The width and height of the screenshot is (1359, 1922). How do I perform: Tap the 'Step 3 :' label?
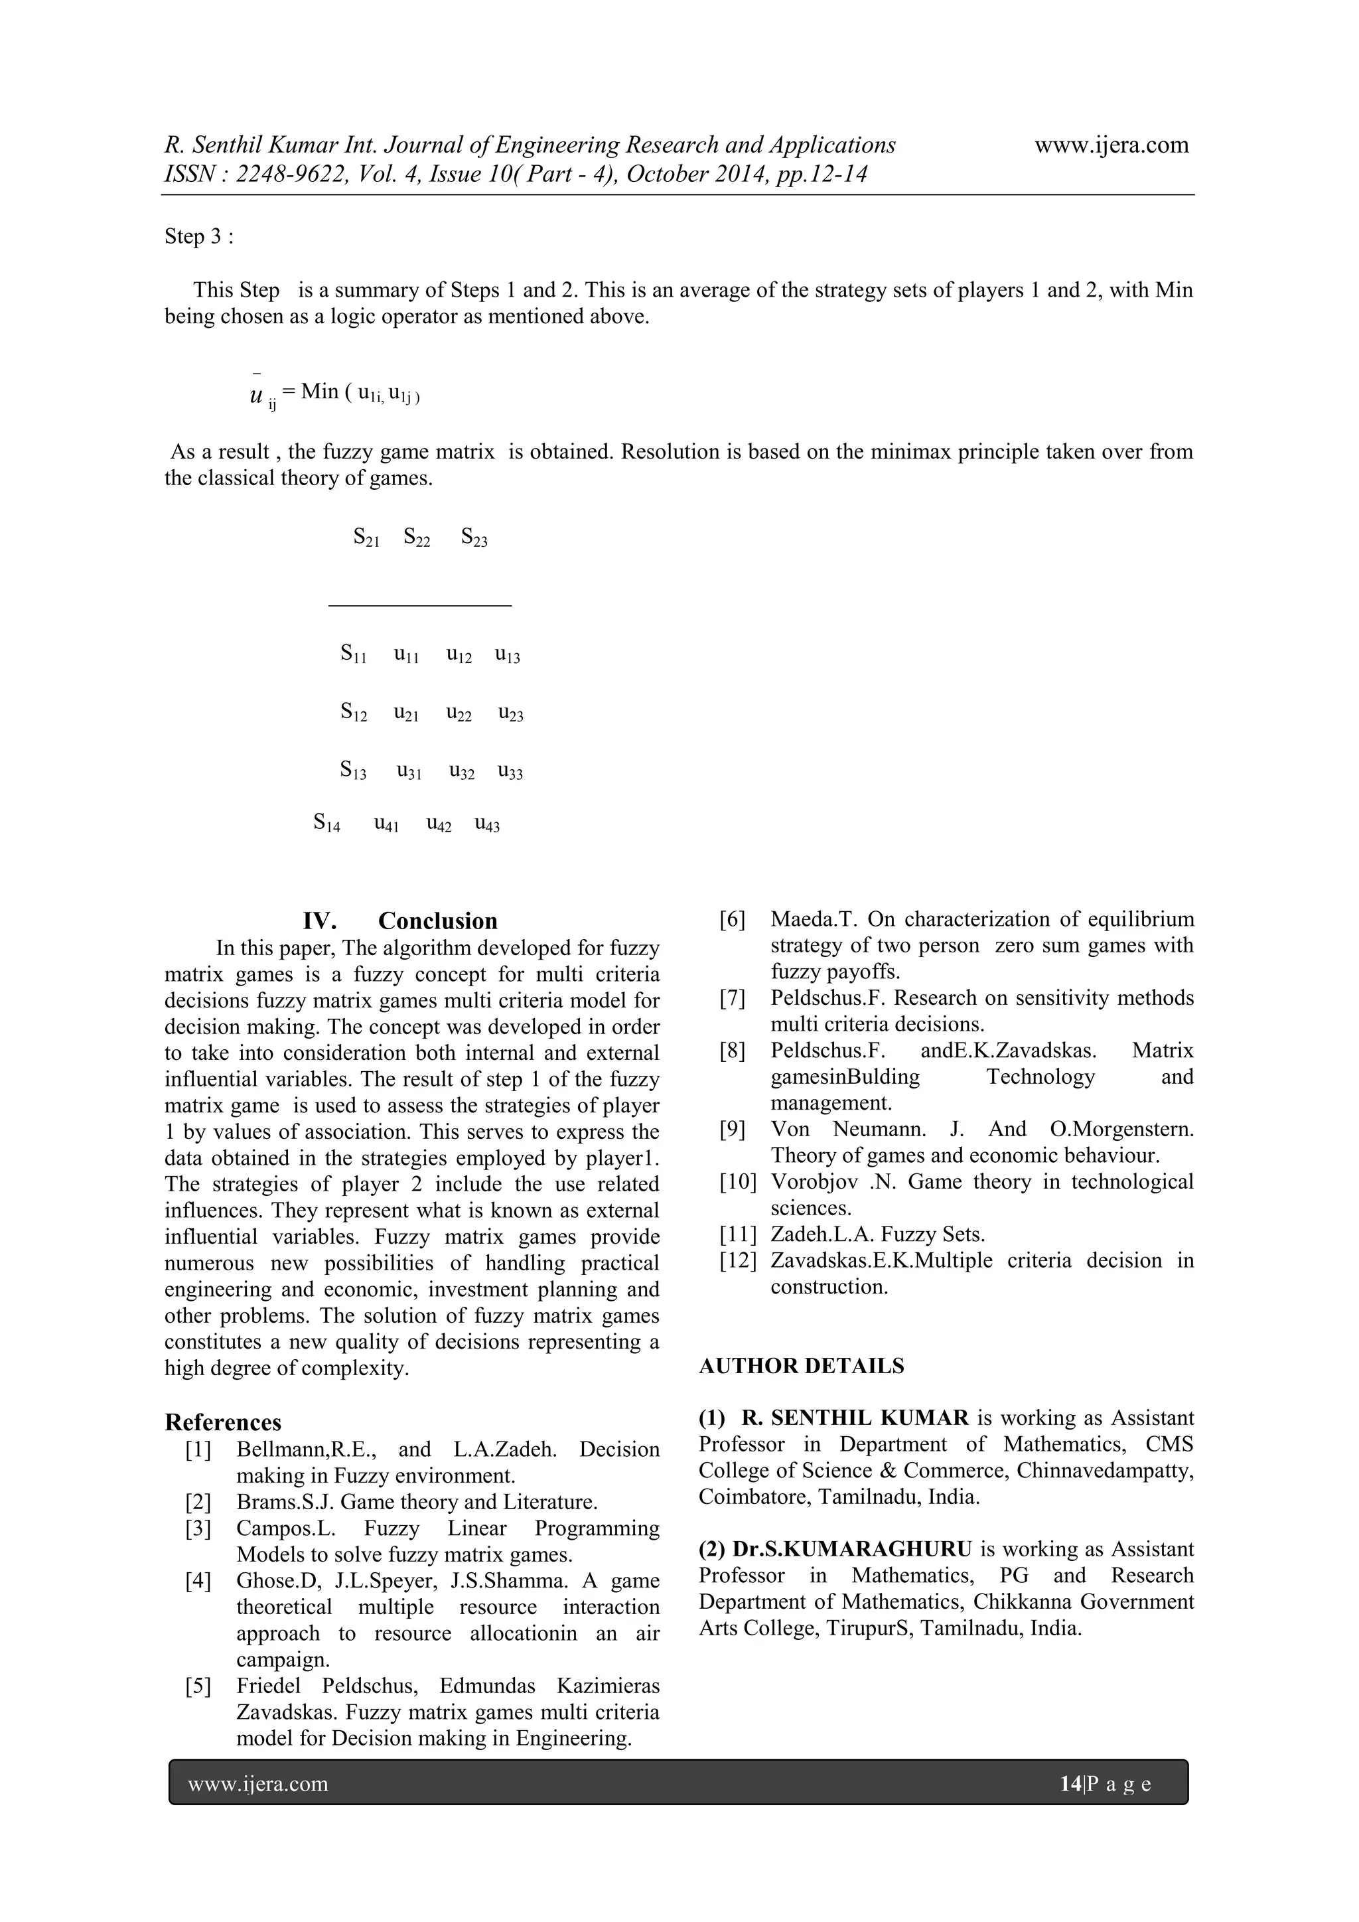pyautogui.click(x=198, y=237)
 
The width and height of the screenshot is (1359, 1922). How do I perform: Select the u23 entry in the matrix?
pyautogui.click(x=510, y=714)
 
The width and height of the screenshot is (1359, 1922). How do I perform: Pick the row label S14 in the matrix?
pyautogui.click(x=326, y=823)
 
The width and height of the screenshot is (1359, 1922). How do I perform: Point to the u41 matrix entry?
pyautogui.click(x=386, y=824)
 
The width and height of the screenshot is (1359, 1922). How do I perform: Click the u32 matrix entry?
pyautogui.click(x=461, y=771)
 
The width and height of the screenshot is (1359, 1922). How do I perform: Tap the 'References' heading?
pyautogui.click(x=222, y=1422)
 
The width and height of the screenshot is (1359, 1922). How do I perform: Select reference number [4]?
pyautogui.click(x=198, y=1580)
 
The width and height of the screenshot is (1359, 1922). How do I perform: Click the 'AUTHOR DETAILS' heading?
pyautogui.click(x=801, y=1366)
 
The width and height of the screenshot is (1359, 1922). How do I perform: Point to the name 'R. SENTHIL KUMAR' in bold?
pyautogui.click(x=853, y=1418)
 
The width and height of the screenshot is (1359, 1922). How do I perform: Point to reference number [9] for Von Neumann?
pyautogui.click(x=732, y=1130)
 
